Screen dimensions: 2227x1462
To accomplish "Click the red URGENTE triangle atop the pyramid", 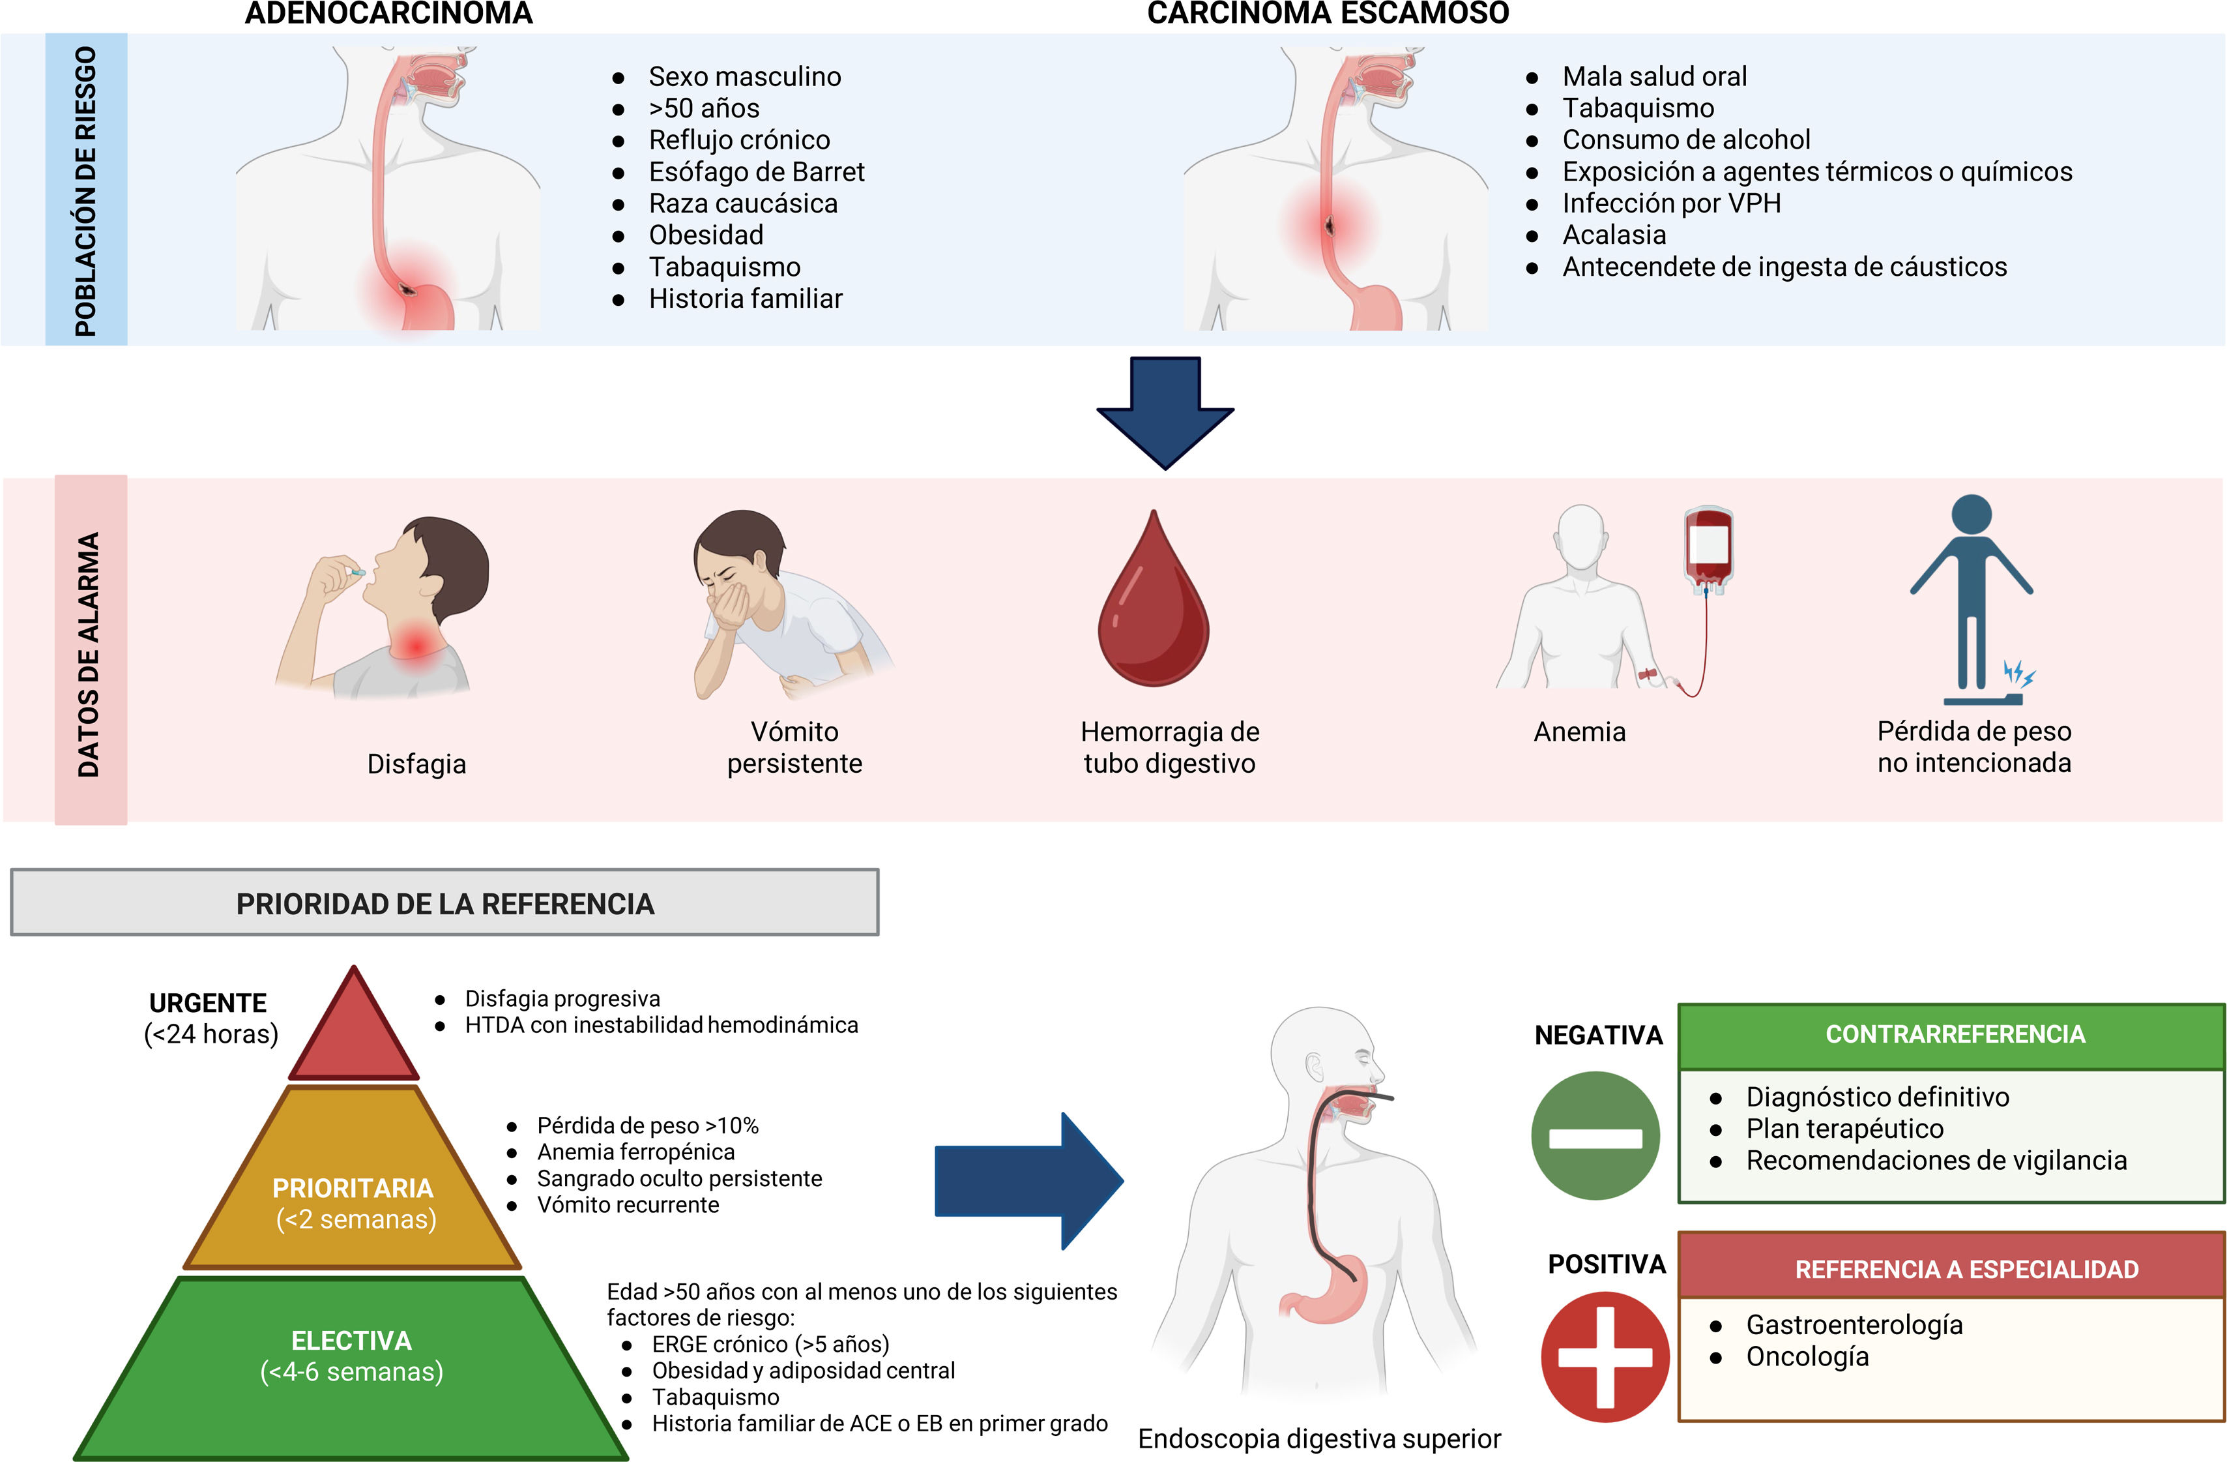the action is [x=354, y=1034].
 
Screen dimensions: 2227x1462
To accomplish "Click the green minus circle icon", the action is [x=1595, y=1135].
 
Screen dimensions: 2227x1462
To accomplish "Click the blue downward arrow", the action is [x=1165, y=412].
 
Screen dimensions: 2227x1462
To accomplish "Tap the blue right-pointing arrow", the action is [x=1029, y=1180].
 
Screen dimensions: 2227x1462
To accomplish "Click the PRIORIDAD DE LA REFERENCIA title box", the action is [x=444, y=903].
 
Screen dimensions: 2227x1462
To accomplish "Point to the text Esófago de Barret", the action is [x=757, y=172].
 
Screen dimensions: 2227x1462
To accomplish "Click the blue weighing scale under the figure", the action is [x=1983, y=699].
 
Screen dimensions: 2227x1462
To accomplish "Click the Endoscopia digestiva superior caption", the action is [x=1319, y=1439].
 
